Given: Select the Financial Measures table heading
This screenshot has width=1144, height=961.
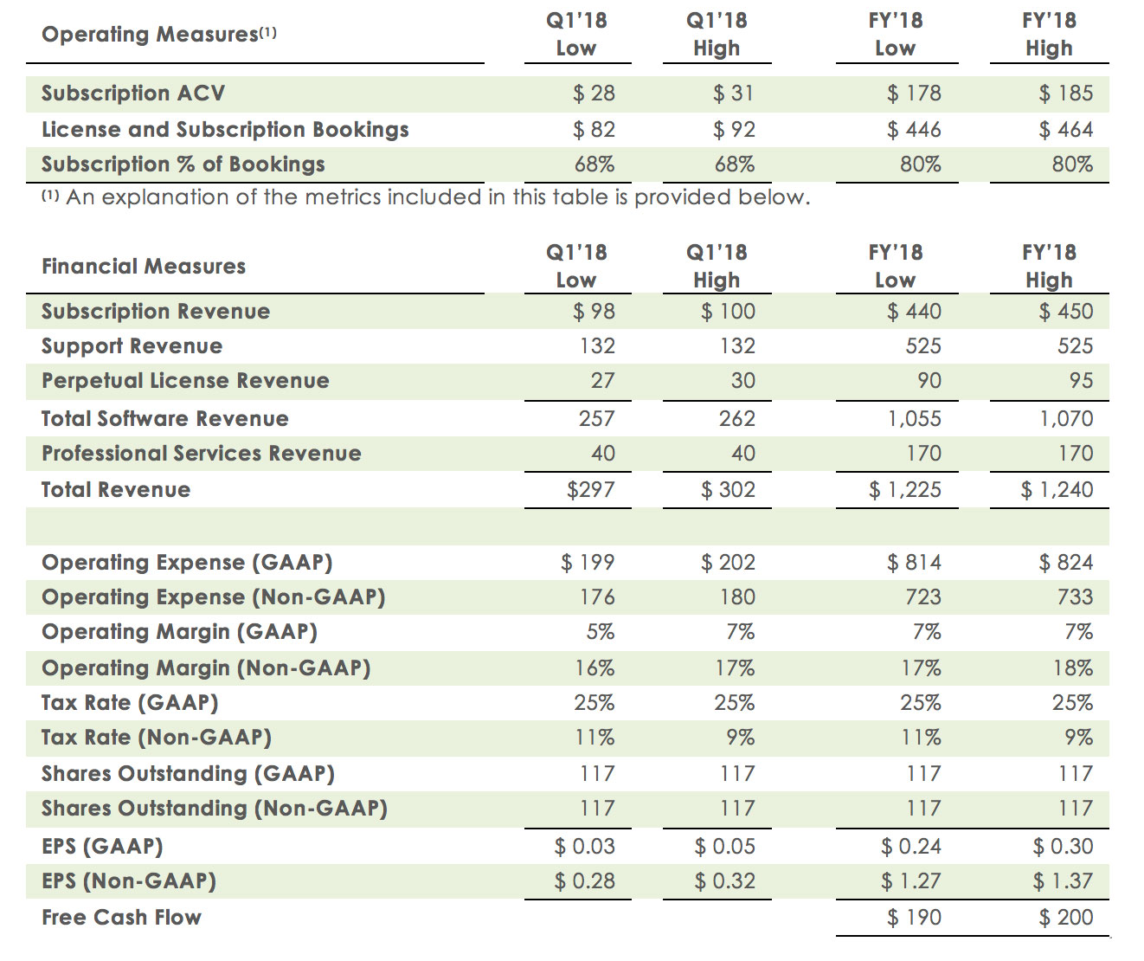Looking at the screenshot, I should [144, 267].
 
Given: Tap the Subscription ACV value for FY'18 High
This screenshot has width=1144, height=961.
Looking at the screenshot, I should [1065, 94].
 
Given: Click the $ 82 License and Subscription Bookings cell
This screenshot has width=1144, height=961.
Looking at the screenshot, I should [594, 130].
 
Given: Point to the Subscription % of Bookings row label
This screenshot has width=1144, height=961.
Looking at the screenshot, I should [183, 164].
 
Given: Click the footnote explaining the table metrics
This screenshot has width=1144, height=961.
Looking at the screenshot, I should [426, 197].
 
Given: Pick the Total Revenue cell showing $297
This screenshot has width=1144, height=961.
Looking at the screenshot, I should [590, 490].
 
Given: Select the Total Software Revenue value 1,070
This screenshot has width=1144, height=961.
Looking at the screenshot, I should [1066, 419].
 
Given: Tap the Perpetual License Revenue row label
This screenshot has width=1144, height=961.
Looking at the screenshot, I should [185, 381].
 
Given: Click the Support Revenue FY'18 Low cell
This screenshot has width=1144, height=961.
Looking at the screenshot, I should [922, 346].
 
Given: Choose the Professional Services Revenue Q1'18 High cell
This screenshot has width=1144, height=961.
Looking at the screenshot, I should [742, 454].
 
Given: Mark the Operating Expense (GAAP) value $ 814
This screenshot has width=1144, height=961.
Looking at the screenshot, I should [914, 563].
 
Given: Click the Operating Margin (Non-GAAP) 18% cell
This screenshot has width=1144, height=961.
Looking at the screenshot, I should [1072, 668].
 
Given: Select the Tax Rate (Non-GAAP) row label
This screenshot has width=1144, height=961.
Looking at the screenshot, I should [157, 738].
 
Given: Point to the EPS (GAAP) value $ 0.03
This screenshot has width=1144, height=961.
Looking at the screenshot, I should [584, 847].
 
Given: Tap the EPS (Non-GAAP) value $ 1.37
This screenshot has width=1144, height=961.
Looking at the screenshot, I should [1063, 881].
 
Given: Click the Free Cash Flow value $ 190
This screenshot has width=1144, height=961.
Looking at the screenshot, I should [914, 918].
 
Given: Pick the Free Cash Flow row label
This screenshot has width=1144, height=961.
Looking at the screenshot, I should [121, 918].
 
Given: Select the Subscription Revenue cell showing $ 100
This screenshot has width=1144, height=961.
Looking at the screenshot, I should [728, 312].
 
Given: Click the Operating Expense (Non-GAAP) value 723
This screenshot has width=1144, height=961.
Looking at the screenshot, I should [922, 597].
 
